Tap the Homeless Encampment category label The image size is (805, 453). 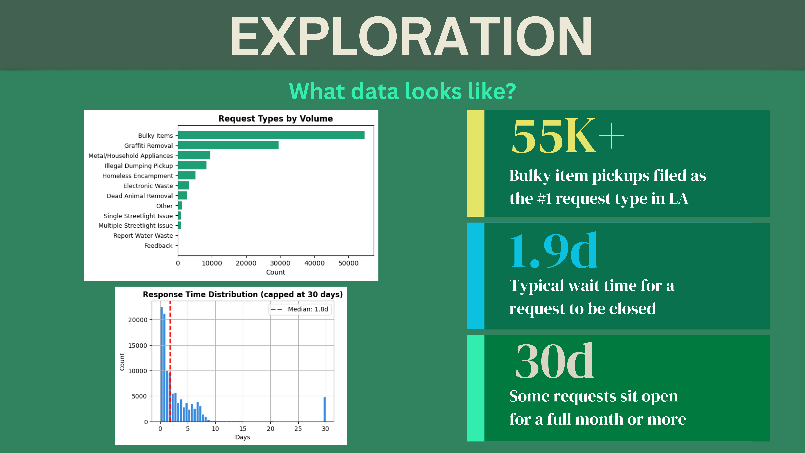point(138,176)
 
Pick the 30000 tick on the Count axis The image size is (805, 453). point(280,263)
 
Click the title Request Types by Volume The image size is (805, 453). point(276,119)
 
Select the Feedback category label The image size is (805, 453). point(158,246)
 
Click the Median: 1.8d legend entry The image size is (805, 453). point(299,309)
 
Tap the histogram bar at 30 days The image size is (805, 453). point(325,409)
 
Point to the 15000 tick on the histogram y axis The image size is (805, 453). point(138,345)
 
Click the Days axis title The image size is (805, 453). point(242,437)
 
